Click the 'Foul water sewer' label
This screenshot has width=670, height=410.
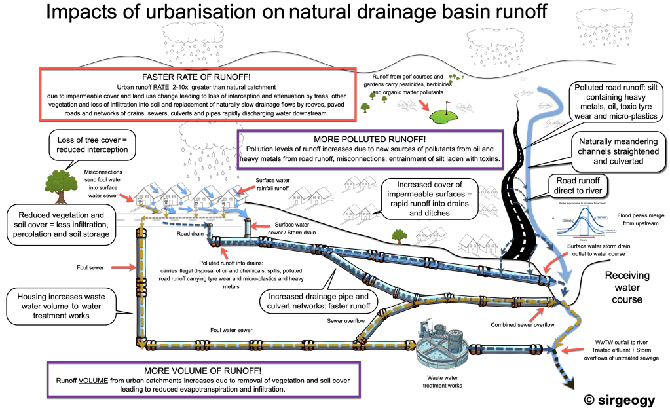click(x=232, y=332)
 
